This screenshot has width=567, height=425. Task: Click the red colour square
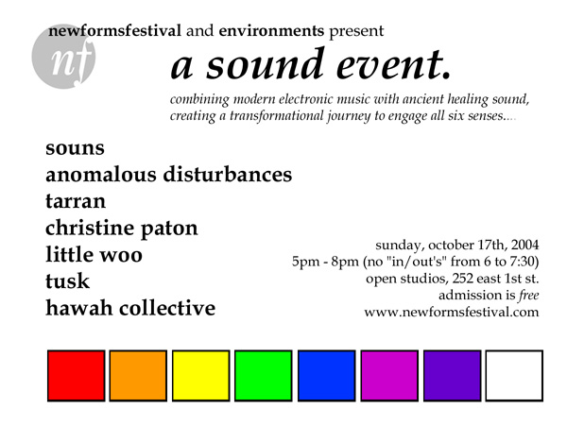(x=74, y=375)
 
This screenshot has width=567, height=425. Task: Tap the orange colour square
(x=136, y=375)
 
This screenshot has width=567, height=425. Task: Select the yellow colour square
(x=199, y=375)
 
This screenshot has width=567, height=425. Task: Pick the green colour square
(x=262, y=375)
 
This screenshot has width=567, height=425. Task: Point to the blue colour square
(x=324, y=375)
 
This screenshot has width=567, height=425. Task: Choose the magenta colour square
(x=387, y=375)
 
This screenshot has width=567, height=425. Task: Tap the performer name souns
(x=75, y=148)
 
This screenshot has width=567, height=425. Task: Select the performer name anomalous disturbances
(x=169, y=175)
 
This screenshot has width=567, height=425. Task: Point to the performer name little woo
(x=94, y=254)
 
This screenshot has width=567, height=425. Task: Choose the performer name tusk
(x=68, y=281)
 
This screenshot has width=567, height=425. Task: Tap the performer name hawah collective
(x=130, y=307)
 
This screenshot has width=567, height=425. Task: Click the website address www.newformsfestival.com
(x=451, y=313)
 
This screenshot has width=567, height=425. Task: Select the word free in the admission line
(x=524, y=296)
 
